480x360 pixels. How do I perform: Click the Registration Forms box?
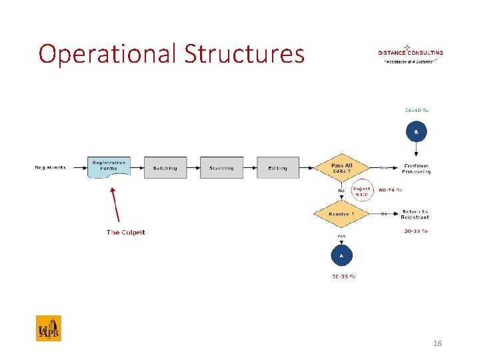[x=109, y=167]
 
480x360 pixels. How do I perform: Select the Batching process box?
[x=165, y=168]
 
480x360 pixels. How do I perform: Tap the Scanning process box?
[x=221, y=168]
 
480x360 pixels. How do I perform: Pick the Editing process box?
[x=278, y=168]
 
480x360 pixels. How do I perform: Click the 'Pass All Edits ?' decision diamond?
[x=342, y=168]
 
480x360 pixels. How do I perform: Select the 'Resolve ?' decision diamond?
[x=342, y=214]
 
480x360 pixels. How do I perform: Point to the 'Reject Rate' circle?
[x=361, y=191]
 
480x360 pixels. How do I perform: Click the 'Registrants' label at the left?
[x=51, y=168]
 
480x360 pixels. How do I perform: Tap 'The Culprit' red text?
[x=125, y=232]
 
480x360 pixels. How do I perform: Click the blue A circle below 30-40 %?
[x=416, y=132]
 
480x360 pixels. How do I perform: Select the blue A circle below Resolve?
[x=342, y=255]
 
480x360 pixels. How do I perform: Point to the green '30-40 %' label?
[x=416, y=110]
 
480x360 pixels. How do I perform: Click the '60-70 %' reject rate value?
[x=390, y=190]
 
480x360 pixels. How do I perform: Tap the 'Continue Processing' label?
[x=416, y=169]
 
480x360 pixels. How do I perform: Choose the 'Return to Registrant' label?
[x=415, y=214]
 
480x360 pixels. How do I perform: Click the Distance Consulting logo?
[x=410, y=53]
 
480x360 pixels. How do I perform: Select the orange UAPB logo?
[x=48, y=328]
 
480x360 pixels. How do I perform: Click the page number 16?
[x=437, y=343]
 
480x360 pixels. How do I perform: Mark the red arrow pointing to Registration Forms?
[x=115, y=203]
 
